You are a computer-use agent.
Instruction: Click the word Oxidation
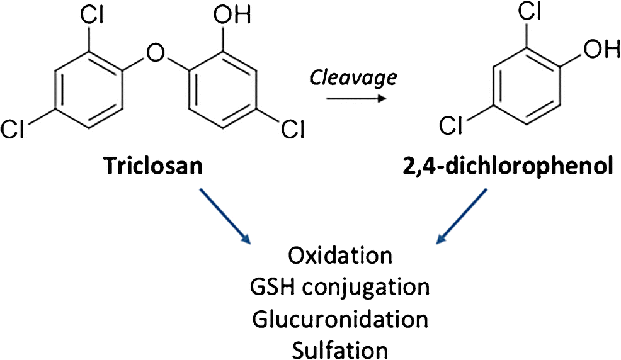(340, 257)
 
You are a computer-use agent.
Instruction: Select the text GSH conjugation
(340, 288)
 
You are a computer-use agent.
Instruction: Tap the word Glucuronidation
(340, 318)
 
